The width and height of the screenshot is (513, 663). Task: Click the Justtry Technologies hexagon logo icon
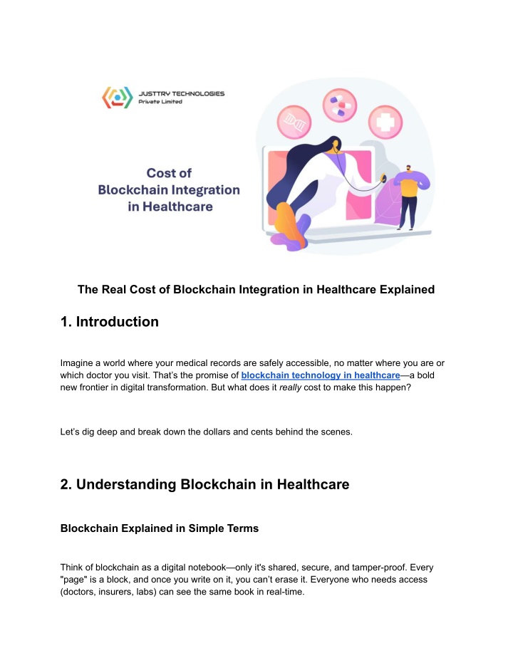(x=117, y=98)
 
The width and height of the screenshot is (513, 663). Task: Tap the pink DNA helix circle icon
(x=294, y=122)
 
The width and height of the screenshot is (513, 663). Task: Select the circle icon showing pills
(x=340, y=105)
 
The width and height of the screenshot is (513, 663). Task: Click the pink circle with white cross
(x=385, y=122)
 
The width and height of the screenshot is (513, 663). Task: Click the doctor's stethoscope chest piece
(x=384, y=178)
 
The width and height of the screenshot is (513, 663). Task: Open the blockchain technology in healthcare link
(x=321, y=375)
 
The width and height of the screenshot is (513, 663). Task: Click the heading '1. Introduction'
(x=110, y=322)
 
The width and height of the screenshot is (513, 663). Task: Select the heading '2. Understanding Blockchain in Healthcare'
(x=204, y=484)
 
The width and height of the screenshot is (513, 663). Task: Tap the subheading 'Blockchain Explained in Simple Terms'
(x=160, y=528)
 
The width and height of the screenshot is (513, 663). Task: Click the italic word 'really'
(x=290, y=387)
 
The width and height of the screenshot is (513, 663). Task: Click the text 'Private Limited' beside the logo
(x=160, y=102)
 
